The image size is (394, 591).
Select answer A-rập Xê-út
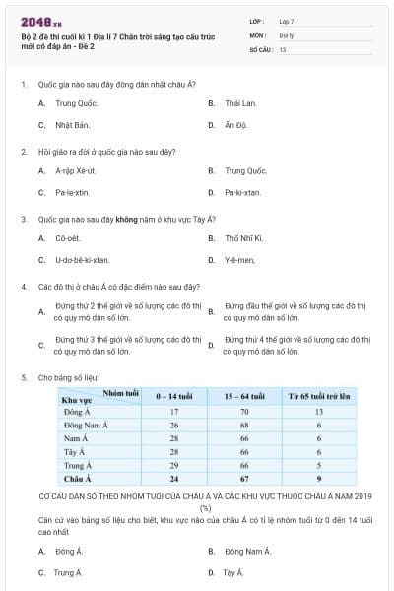tap(76, 170)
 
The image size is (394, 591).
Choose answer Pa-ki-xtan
tap(242, 192)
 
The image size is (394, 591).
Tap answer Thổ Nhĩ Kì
tap(243, 237)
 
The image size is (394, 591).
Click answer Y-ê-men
tap(239, 260)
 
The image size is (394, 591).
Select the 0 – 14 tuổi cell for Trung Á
tap(173, 464)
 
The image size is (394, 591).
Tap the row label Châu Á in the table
tap(77, 478)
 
